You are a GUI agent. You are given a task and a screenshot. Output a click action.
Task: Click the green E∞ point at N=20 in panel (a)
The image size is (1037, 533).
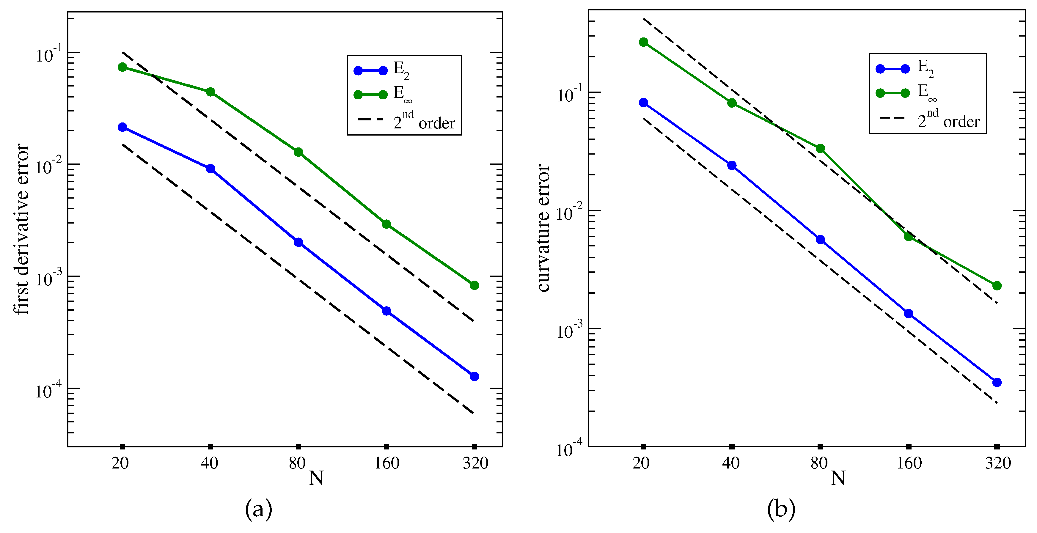click(x=122, y=67)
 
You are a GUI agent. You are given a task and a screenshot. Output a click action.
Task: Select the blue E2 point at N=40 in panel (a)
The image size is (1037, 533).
click(x=210, y=169)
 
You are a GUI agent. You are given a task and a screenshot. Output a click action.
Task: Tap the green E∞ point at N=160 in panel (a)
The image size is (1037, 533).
click(x=386, y=224)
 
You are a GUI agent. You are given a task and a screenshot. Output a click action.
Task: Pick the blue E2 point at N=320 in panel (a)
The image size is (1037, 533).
click(x=474, y=376)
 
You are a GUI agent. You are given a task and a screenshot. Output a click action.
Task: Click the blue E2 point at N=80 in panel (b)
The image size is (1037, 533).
click(x=820, y=240)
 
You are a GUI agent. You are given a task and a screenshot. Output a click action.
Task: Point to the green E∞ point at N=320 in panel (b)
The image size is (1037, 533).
click(x=997, y=286)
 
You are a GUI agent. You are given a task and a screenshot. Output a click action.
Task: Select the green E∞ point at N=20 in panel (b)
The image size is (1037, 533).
click(x=643, y=42)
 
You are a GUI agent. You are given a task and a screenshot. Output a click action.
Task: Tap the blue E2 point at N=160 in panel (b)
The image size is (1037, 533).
click(x=909, y=314)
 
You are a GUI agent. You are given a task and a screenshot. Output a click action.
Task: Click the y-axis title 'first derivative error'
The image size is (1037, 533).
click(x=21, y=229)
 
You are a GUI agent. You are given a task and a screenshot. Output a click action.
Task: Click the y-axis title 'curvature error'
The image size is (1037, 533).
click(x=543, y=228)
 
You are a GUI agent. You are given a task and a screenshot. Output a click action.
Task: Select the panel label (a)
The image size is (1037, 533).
click(x=258, y=509)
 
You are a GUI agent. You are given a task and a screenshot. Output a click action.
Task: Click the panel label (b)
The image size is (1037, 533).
click(x=781, y=509)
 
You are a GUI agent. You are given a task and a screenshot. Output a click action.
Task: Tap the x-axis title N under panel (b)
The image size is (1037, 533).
click(x=838, y=478)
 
